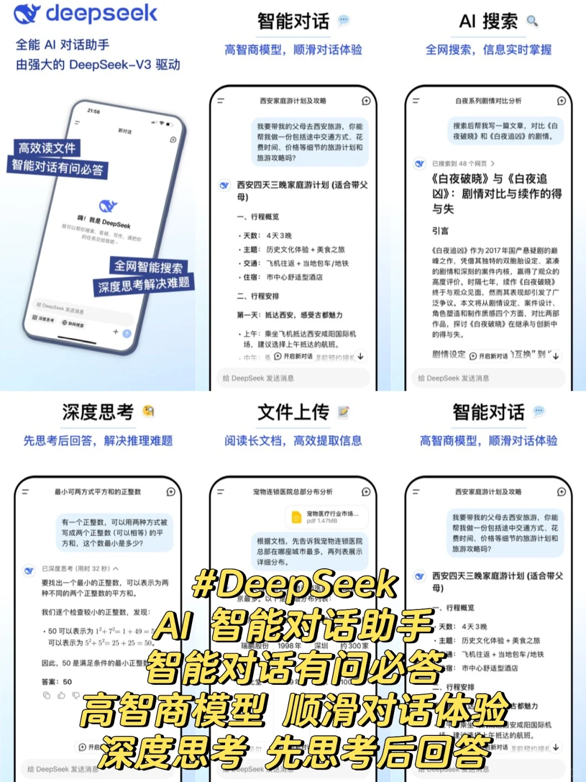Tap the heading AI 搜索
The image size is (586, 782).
tap(488, 22)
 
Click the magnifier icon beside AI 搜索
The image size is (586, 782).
tap(532, 21)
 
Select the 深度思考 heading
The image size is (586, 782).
tap(98, 412)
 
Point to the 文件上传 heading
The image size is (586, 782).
tap(293, 412)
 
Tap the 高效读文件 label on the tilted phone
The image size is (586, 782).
tap(47, 148)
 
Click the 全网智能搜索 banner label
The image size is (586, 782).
tap(148, 266)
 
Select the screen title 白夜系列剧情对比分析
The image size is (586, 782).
tap(488, 101)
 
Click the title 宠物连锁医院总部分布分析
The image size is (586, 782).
tap(293, 492)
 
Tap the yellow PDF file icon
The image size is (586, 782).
tap(296, 517)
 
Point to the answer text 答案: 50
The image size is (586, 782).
tap(56, 682)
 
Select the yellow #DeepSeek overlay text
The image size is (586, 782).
tap(295, 584)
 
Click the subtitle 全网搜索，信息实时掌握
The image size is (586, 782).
tap(488, 50)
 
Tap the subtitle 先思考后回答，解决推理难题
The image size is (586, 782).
tap(98, 441)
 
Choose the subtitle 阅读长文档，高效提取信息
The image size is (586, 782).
tap(293, 441)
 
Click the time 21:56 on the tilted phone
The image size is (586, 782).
tap(94, 111)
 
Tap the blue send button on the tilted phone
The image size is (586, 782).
tap(126, 334)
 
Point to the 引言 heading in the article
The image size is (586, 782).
tap(440, 231)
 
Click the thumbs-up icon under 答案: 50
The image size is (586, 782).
tap(61, 695)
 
